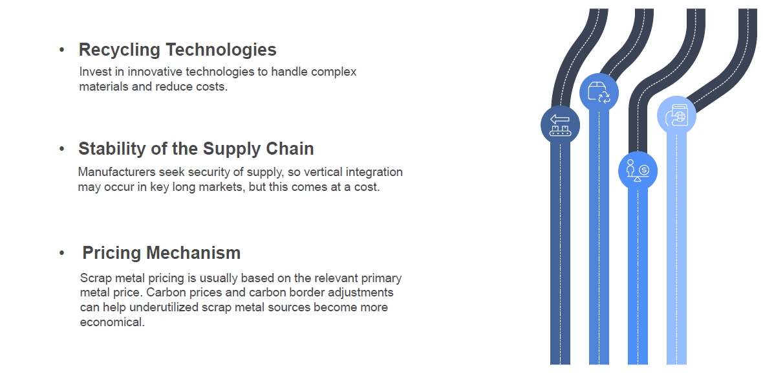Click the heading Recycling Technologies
[x=178, y=50]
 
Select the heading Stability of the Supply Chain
[x=196, y=149]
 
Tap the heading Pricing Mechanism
[x=162, y=253]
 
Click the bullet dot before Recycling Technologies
[x=62, y=50]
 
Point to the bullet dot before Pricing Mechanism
[x=62, y=253]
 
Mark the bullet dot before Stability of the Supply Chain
[x=62, y=149]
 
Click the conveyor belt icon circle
[x=560, y=125]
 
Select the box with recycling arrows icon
[x=599, y=93]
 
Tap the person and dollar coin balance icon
[x=638, y=171]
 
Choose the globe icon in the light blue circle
[x=677, y=116]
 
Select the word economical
[x=113, y=322]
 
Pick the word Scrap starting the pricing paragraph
[x=94, y=278]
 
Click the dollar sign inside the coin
[x=644, y=170]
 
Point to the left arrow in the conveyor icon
[x=559, y=119]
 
